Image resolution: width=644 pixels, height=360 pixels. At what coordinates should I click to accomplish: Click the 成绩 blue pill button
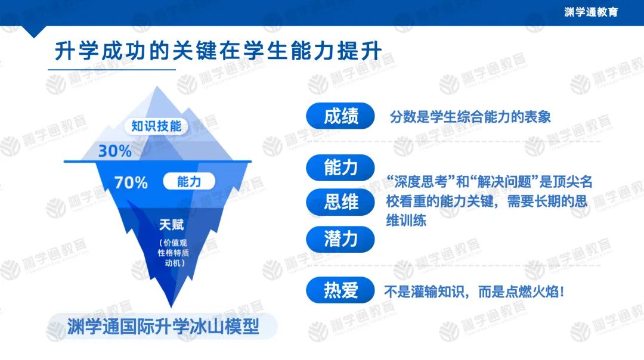click(340, 116)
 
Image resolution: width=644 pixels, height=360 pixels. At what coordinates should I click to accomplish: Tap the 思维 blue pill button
click(340, 202)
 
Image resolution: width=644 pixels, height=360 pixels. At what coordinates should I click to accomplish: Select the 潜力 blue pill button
click(340, 239)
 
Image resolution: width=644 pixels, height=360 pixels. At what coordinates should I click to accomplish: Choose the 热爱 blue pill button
click(340, 290)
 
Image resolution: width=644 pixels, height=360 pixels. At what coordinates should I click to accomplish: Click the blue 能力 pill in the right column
click(340, 167)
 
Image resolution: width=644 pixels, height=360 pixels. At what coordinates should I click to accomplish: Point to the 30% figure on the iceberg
click(114, 151)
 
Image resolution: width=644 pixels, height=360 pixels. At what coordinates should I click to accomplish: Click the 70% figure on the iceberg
click(131, 182)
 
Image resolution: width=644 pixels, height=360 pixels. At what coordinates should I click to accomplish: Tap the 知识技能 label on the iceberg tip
click(156, 126)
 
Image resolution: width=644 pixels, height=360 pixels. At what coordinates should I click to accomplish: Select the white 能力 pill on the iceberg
click(189, 181)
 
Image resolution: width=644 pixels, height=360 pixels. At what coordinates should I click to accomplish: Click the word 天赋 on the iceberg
click(171, 225)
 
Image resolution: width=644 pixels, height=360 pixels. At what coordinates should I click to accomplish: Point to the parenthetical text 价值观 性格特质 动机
click(173, 253)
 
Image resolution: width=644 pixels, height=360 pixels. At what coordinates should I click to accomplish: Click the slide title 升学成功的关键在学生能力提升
click(218, 51)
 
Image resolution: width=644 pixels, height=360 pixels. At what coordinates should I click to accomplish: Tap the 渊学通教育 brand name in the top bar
click(590, 12)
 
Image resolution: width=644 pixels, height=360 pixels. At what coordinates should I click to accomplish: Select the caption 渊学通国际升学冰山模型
click(163, 327)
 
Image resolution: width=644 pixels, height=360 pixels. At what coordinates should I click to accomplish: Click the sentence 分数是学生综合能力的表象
click(470, 117)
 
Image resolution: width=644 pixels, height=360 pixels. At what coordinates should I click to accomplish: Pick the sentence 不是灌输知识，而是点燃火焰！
click(475, 292)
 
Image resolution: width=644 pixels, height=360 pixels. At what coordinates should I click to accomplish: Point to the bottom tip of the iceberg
click(171, 306)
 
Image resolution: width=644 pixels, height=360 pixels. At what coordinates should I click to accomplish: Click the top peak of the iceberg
click(157, 86)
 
